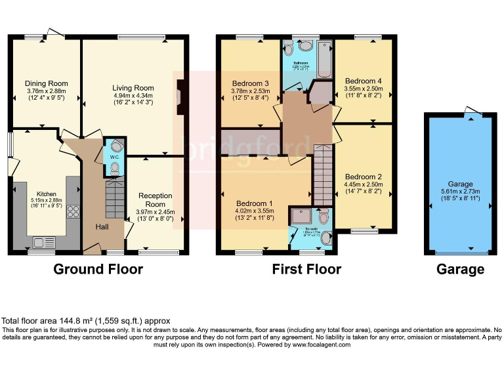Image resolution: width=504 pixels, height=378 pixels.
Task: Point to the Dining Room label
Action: pos(46,83)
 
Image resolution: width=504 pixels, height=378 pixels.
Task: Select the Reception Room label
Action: pos(156,199)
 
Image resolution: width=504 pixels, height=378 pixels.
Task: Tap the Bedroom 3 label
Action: pos(250,83)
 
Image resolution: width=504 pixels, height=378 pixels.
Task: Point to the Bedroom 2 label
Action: pos(363,177)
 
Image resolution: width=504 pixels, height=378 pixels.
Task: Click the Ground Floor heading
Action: pos(98,269)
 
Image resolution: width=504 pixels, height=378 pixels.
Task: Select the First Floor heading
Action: pos(306,269)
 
